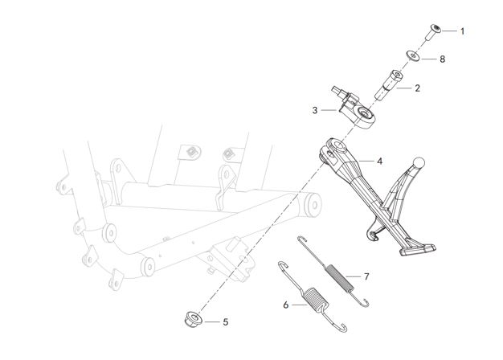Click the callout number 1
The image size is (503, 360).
(x=462, y=31)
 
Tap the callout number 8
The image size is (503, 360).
(x=443, y=59)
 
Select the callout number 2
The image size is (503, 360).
(x=417, y=88)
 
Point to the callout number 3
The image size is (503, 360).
(x=315, y=110)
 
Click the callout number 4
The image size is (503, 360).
(x=380, y=161)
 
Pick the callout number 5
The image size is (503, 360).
(x=226, y=321)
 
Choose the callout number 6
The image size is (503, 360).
(x=286, y=305)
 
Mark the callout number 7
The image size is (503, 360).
(x=366, y=276)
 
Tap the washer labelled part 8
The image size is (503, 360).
(x=413, y=55)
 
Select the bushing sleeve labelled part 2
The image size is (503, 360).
(x=389, y=85)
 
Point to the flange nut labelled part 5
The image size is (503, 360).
(x=193, y=320)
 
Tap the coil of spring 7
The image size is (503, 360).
(x=340, y=278)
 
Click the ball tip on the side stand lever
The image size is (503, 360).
(x=419, y=162)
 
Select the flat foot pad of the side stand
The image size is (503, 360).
(x=418, y=249)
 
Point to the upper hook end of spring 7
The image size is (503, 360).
(x=301, y=239)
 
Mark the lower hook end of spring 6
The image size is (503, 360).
(x=342, y=328)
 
